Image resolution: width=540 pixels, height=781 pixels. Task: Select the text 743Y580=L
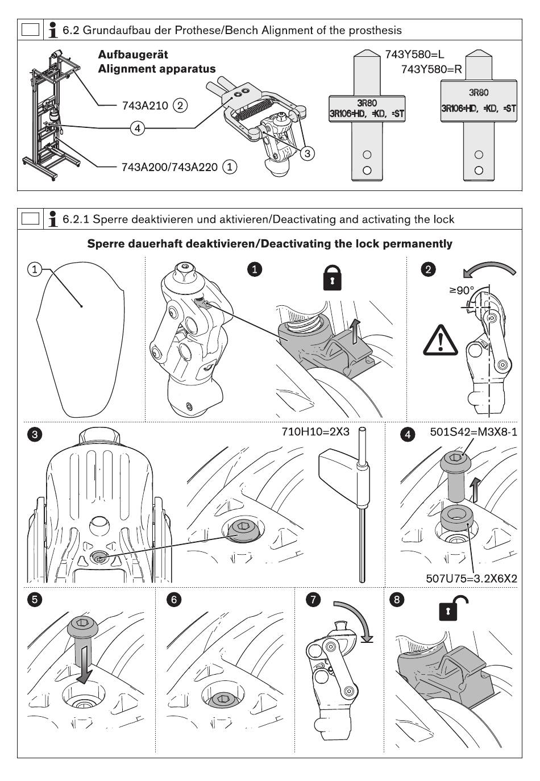pos(414,55)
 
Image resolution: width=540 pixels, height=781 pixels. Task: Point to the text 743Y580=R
pos(431,69)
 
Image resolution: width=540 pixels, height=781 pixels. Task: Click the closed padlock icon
pos(332,279)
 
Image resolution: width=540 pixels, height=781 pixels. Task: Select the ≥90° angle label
pos(461,290)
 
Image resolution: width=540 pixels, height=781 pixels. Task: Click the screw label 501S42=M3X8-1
pos(473,432)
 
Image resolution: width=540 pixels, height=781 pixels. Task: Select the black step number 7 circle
pos(312,600)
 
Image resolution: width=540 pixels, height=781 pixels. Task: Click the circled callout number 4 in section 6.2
pos(136,128)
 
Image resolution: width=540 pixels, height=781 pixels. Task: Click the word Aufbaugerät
pos(133,55)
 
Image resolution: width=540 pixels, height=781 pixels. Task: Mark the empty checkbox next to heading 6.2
pos(30,30)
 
